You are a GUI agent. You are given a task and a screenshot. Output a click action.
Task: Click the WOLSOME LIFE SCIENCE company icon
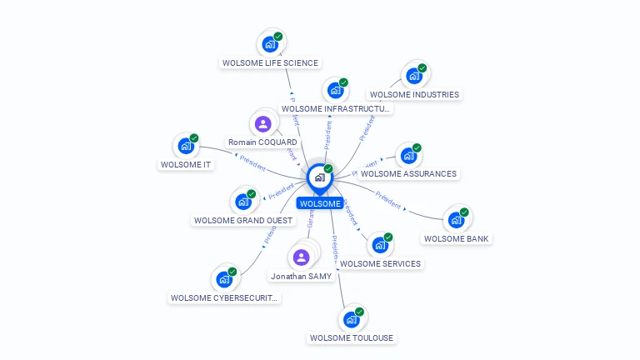[269, 44]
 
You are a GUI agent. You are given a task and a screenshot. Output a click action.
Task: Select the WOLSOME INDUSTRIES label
[414, 94]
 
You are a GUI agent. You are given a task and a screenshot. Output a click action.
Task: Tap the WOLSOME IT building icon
[186, 146]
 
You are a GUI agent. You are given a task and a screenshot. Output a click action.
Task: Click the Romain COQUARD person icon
[263, 124]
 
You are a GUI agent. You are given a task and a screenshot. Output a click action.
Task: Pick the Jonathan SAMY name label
[301, 276]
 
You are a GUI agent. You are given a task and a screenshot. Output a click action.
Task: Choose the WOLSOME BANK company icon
[456, 220]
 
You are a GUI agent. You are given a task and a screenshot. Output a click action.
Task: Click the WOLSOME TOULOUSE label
[351, 337]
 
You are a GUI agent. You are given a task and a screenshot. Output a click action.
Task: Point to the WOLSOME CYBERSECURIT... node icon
[224, 279]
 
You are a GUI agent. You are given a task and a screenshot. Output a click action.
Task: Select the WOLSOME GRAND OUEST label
[243, 220]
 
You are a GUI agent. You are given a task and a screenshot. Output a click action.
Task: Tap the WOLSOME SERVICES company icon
[380, 245]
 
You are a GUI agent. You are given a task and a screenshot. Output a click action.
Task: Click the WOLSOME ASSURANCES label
[408, 173]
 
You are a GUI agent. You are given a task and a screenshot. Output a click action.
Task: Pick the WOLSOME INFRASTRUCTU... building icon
[335, 90]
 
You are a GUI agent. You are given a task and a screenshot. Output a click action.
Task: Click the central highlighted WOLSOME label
[320, 203]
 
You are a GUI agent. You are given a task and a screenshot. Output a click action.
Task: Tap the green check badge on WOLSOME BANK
[464, 212]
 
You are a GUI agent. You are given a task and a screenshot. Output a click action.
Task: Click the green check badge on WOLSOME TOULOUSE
[361, 311]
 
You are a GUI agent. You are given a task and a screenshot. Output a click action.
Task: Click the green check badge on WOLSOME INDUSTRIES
[422, 68]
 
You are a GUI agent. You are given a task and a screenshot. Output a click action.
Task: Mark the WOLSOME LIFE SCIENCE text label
[270, 62]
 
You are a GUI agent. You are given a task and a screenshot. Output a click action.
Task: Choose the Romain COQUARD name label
[262, 142]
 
